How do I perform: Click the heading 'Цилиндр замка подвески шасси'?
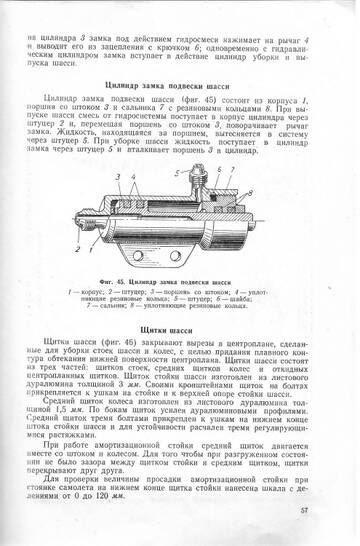pyautogui.click(x=180, y=89)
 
